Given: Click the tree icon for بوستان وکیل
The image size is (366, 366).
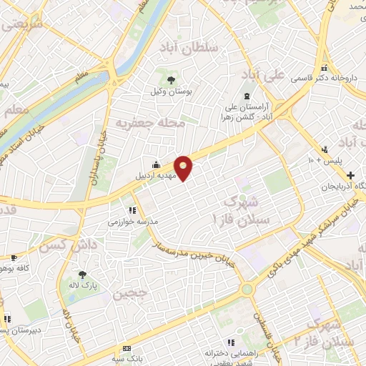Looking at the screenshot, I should [x=170, y=79].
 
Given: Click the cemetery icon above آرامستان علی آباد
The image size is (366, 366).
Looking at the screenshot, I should [x=247, y=96].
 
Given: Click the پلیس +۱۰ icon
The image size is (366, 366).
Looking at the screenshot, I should [x=325, y=149].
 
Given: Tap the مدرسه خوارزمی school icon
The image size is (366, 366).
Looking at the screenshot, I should [x=132, y=210].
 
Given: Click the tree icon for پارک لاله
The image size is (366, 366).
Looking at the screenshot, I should [x=83, y=274].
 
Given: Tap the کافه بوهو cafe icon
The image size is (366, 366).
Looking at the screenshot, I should [x=13, y=257].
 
